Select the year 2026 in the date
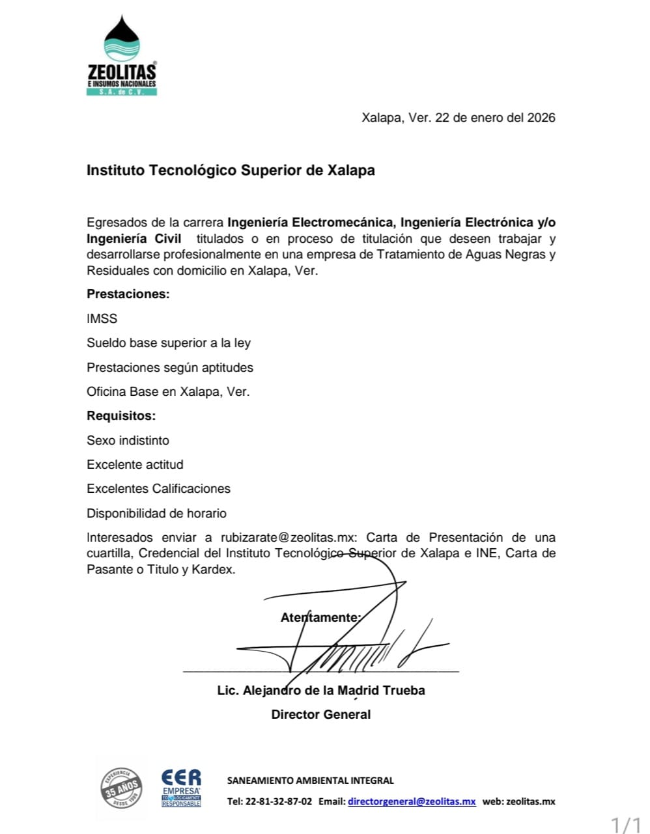[x=541, y=118]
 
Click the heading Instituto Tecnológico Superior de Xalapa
[x=231, y=171]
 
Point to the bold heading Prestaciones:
[x=128, y=294]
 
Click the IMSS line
[x=102, y=318]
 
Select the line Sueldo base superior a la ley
[x=169, y=343]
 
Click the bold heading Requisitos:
[x=121, y=415]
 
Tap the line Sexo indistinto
[x=128, y=440]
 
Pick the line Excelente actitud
[x=135, y=464]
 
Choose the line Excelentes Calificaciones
[x=158, y=488]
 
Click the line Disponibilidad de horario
[x=156, y=513]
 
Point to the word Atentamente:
[x=320, y=617]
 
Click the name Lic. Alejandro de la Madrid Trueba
[x=321, y=690]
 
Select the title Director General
[x=321, y=714]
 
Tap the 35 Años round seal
[x=122, y=788]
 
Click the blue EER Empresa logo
[x=181, y=788]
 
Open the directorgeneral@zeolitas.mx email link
[x=412, y=801]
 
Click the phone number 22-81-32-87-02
[x=278, y=801]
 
